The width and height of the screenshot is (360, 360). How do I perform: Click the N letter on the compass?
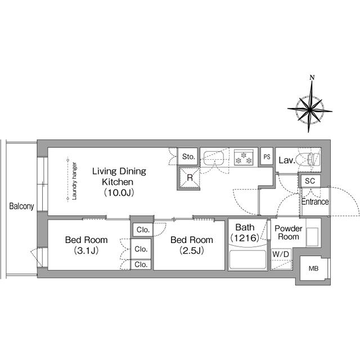(x=312, y=78)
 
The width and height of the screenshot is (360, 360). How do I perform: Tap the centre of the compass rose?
(x=310, y=110)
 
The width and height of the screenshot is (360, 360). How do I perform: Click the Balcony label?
(x=21, y=206)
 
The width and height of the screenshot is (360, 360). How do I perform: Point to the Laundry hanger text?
(x=74, y=181)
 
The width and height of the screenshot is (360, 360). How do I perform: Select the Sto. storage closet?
(x=188, y=156)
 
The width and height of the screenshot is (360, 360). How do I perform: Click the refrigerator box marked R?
(x=189, y=178)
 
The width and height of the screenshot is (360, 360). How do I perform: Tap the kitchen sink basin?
(x=214, y=158)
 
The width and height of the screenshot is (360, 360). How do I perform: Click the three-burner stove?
(x=244, y=157)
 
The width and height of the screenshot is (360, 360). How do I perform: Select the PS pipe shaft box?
(x=267, y=157)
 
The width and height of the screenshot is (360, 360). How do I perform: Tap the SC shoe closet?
(x=310, y=181)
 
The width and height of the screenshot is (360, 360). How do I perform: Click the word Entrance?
(x=315, y=202)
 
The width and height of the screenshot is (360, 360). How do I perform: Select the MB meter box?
(x=314, y=268)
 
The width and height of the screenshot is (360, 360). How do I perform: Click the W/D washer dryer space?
(x=281, y=259)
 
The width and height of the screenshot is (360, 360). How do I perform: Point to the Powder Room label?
(x=289, y=232)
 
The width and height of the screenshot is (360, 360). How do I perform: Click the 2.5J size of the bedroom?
(x=191, y=250)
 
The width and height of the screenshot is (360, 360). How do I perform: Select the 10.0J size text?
(x=119, y=192)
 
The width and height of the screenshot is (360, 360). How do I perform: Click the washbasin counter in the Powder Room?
(x=313, y=232)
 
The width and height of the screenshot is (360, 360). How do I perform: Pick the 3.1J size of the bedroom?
(x=86, y=250)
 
